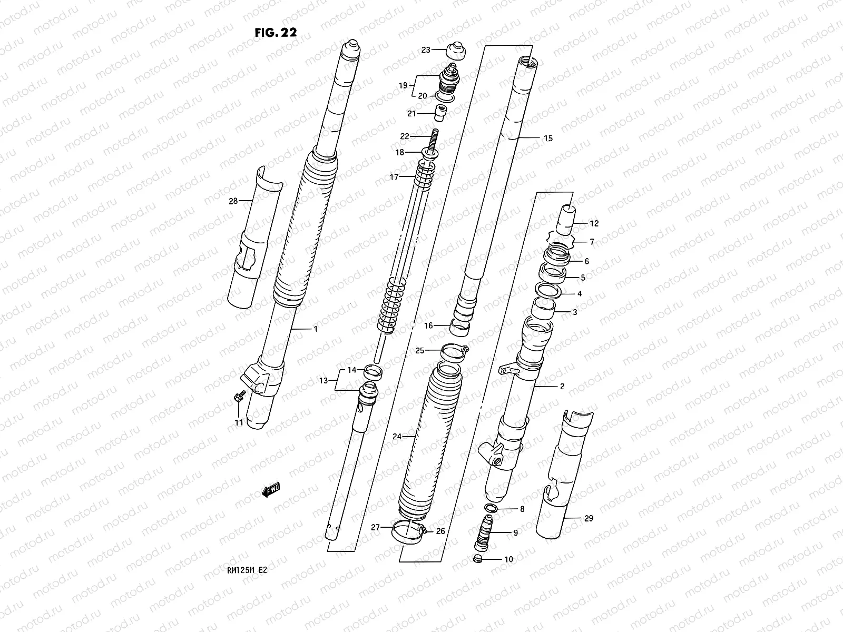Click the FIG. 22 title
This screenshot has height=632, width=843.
276,32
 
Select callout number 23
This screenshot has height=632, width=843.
426,50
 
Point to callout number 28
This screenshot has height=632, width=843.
233,201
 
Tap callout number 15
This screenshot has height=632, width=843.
548,139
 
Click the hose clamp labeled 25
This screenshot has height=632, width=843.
454,352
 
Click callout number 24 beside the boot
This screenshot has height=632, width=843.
397,436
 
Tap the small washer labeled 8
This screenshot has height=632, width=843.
491,508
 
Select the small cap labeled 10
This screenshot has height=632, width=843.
478,559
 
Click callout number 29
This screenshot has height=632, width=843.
589,518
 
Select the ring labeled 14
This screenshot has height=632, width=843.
374,372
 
